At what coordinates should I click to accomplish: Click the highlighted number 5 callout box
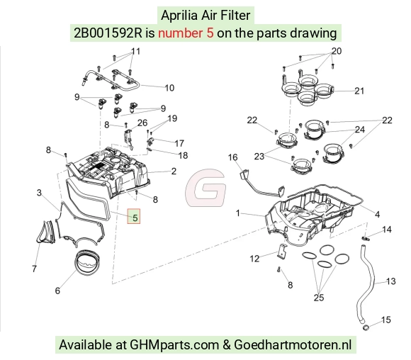pyautogui.click(x=134, y=216)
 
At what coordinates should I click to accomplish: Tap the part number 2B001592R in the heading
pyautogui.click(x=108, y=33)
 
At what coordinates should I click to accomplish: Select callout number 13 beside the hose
pyautogui.click(x=390, y=281)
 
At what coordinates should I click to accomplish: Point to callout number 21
pyautogui.click(x=359, y=91)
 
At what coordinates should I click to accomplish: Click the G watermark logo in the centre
pyautogui.click(x=205, y=188)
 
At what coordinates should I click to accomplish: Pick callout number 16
pyautogui.click(x=232, y=157)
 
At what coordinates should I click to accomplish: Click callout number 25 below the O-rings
pyautogui.click(x=319, y=298)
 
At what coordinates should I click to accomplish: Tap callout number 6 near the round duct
pyautogui.click(x=57, y=291)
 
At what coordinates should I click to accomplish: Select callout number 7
pyautogui.click(x=34, y=269)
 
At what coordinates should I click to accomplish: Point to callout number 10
pyautogui.click(x=169, y=88)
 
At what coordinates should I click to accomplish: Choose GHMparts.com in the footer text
pyautogui.click(x=174, y=344)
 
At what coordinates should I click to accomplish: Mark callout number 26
pyautogui.click(x=142, y=123)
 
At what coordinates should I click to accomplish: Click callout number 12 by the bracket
pyautogui.click(x=254, y=259)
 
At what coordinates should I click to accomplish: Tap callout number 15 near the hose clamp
pyautogui.click(x=385, y=320)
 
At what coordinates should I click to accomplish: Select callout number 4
pyautogui.click(x=377, y=215)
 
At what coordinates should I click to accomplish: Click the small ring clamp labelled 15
pyautogui.click(x=366, y=327)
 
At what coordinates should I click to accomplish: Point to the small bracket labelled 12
pyautogui.click(x=282, y=251)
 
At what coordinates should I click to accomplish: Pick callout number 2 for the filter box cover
pyautogui.click(x=174, y=171)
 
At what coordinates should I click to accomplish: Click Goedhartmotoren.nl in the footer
pyautogui.click(x=293, y=344)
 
